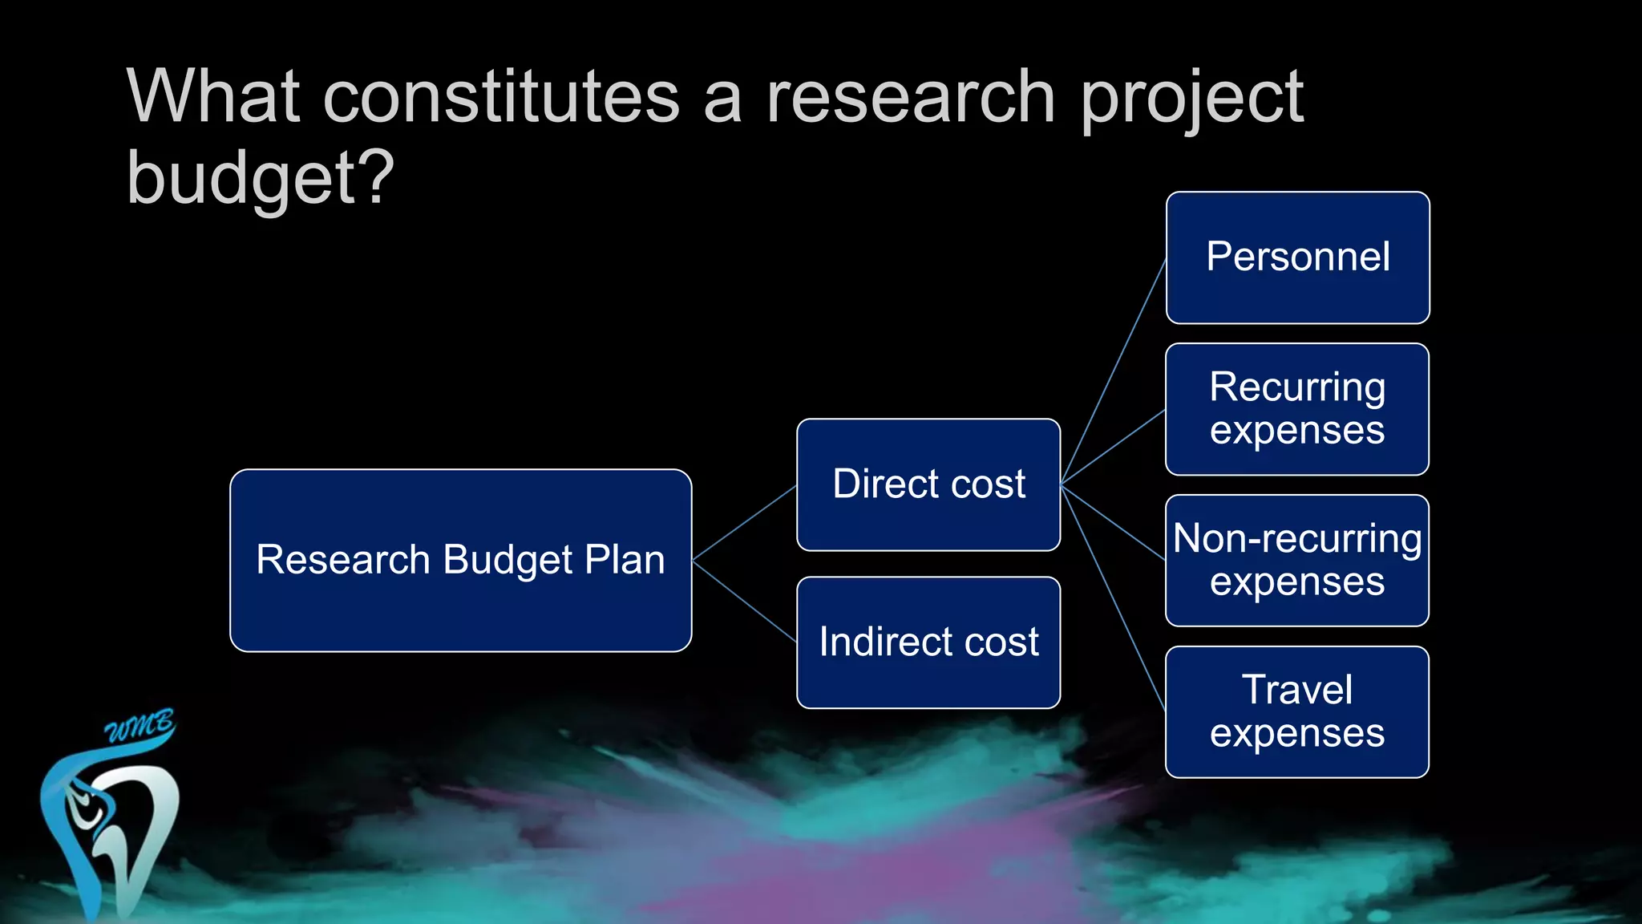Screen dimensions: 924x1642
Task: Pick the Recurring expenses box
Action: coord(1297,409)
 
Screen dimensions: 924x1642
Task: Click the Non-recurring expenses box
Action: coord(1297,560)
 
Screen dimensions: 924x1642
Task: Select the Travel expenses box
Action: coord(1297,711)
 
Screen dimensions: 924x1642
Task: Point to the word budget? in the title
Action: coord(261,178)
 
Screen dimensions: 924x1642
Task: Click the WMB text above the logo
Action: coord(140,727)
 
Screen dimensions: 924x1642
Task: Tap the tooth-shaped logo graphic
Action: coord(112,834)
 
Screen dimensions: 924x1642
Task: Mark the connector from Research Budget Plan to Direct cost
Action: coord(744,522)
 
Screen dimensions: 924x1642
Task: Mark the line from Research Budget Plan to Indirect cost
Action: coord(744,601)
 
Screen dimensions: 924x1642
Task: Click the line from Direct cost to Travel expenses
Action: coord(1113,598)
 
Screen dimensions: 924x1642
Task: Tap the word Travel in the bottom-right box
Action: coord(1296,690)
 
